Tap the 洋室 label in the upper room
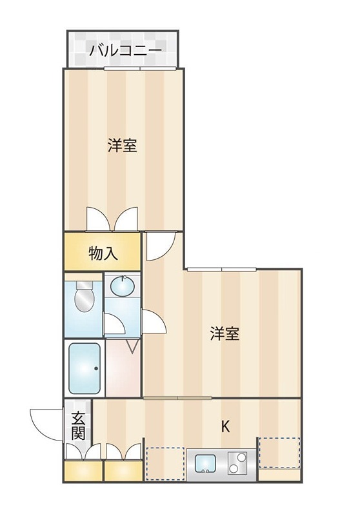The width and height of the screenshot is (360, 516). [x=122, y=146]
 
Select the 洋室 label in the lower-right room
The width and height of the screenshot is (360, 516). [x=225, y=334]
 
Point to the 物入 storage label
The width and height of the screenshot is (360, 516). [x=103, y=253]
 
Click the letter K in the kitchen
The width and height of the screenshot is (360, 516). [x=225, y=426]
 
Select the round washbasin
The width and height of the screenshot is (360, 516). [x=123, y=284]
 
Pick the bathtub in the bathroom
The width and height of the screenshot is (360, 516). [x=85, y=367]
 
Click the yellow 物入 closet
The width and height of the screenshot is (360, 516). [x=103, y=252]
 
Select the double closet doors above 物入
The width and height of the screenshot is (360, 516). [x=112, y=219]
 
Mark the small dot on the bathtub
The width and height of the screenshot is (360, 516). [x=96, y=369]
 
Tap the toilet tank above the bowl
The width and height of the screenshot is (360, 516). [x=84, y=286]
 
